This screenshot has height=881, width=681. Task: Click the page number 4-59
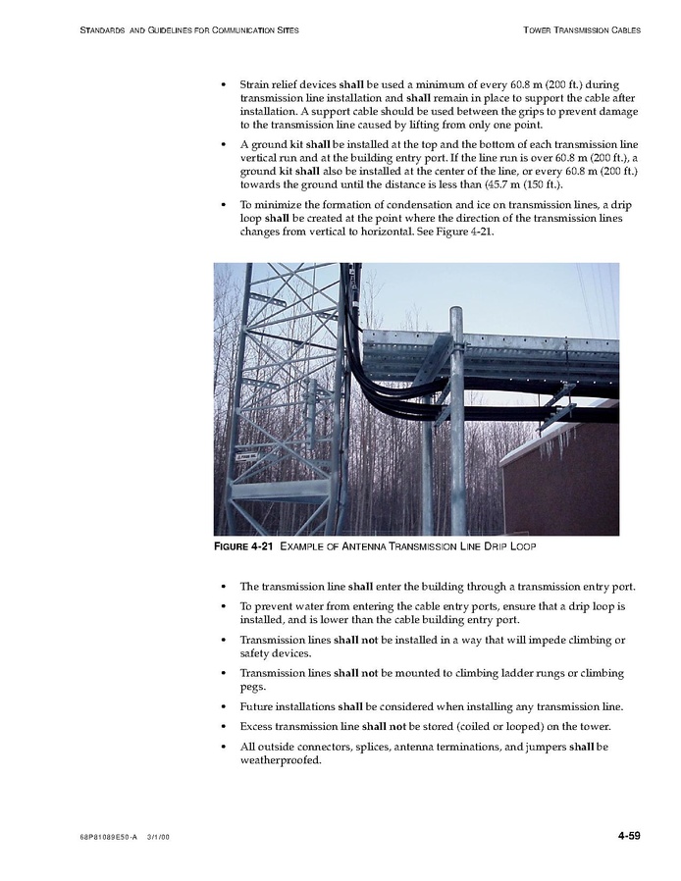[629, 835]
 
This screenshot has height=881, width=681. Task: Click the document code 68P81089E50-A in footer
[108, 837]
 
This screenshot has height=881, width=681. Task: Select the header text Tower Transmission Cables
[582, 30]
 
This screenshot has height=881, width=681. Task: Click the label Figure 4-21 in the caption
[244, 545]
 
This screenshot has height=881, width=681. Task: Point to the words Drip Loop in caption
[508, 545]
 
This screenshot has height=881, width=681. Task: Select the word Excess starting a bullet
[258, 726]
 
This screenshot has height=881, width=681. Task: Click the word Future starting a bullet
[258, 706]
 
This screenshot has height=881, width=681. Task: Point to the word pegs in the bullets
[253, 687]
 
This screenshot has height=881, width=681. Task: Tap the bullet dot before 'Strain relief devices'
[226, 85]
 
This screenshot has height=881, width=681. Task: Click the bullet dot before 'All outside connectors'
[226, 748]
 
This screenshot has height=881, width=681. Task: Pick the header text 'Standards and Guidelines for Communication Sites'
[190, 30]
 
